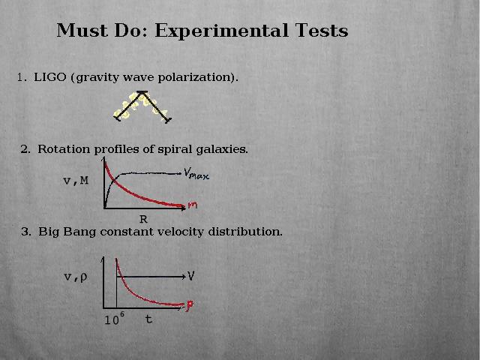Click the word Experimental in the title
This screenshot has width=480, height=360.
tap(222, 31)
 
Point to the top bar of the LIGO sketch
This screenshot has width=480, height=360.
tap(142, 91)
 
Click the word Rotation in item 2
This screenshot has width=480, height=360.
tap(64, 149)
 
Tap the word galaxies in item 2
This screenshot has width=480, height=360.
tap(222, 149)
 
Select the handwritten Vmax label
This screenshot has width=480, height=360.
tap(196, 174)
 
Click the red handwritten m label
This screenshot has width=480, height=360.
tap(193, 205)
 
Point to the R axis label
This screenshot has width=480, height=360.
tap(143, 219)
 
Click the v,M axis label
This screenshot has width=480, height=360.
tap(76, 181)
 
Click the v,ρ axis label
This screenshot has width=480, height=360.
tap(76, 277)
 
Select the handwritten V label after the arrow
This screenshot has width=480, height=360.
tap(190, 276)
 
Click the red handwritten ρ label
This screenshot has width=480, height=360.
tap(190, 305)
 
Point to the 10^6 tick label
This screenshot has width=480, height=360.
tap(115, 319)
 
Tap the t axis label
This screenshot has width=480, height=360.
tap(148, 319)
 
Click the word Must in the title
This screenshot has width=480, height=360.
tap(82, 31)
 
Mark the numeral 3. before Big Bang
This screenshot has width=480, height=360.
tap(26, 232)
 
